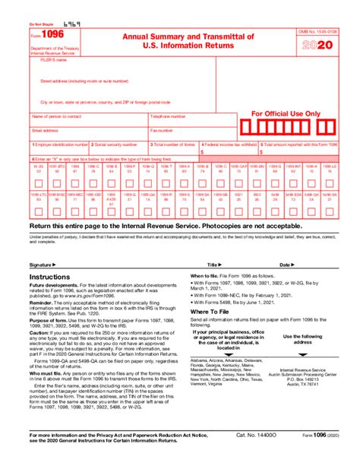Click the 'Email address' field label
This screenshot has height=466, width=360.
coord(45,130)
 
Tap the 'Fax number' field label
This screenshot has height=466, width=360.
coord(161,130)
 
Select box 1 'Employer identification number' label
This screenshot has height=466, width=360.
coord(60,144)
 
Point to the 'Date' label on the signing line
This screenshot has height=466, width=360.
coord(285,265)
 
